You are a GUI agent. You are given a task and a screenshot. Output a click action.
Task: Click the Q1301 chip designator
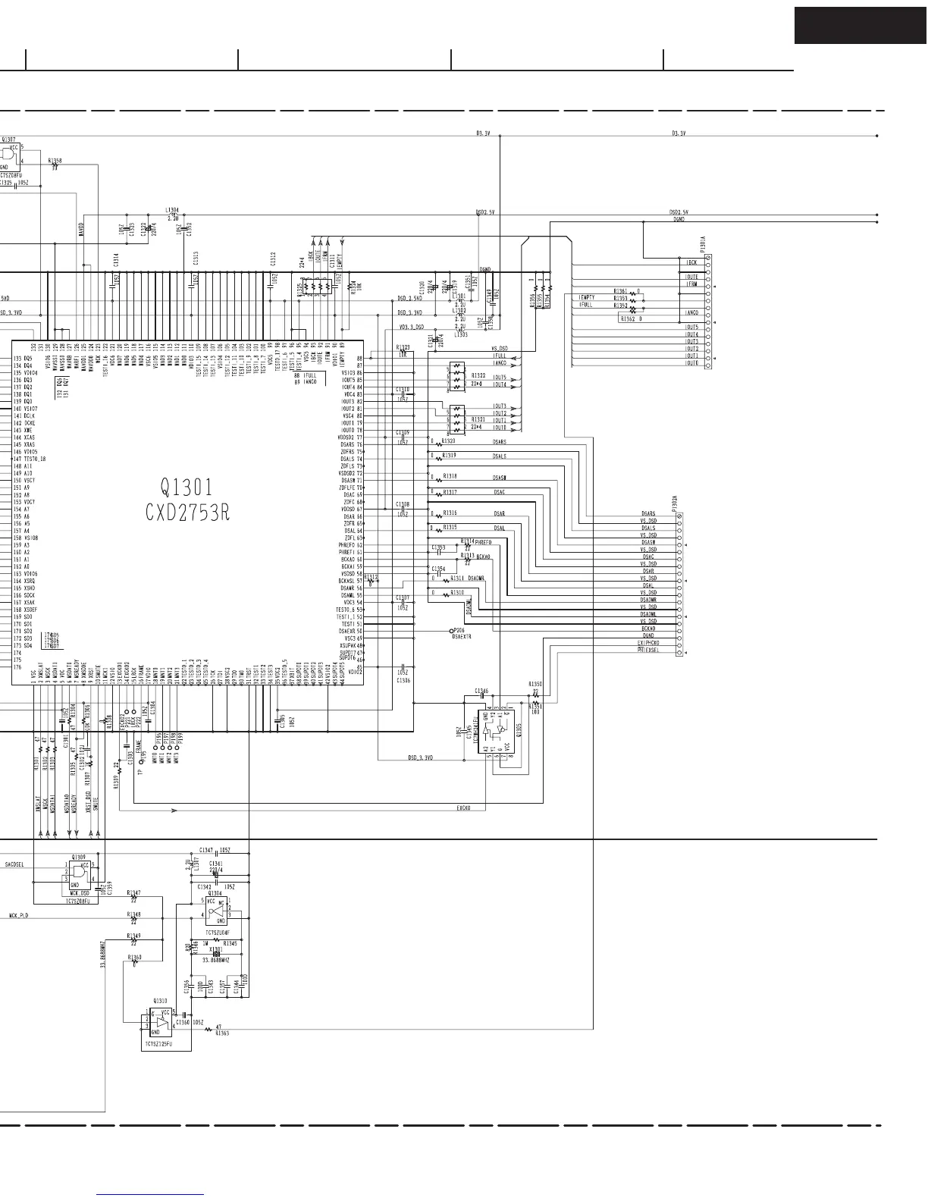[x=187, y=487]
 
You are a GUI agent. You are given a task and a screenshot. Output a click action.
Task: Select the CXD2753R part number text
[x=187, y=513]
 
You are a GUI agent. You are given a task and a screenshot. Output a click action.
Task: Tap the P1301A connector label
[x=703, y=245]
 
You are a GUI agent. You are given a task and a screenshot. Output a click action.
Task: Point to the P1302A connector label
[x=675, y=503]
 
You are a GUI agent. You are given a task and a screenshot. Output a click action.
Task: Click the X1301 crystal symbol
[x=216, y=953]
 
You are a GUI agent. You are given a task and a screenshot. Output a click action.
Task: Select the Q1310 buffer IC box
[x=161, y=1023]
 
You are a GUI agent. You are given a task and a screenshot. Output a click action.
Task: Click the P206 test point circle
[x=451, y=631]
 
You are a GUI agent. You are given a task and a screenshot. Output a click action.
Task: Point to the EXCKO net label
[x=463, y=808]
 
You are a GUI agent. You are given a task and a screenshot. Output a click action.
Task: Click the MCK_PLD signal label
[x=19, y=916]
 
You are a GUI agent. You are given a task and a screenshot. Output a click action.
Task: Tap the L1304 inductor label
[x=172, y=210]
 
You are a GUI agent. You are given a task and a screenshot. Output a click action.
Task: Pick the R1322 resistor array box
[x=456, y=377]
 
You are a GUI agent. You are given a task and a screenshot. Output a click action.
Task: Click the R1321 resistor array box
[x=456, y=418]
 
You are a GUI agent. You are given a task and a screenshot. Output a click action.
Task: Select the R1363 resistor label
[x=222, y=1033]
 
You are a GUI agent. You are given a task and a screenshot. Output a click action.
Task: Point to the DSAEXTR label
[x=462, y=637]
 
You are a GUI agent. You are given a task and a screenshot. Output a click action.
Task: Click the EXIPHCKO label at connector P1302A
[x=648, y=643]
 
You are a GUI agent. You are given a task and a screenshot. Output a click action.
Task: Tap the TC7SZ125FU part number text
[x=158, y=1044]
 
